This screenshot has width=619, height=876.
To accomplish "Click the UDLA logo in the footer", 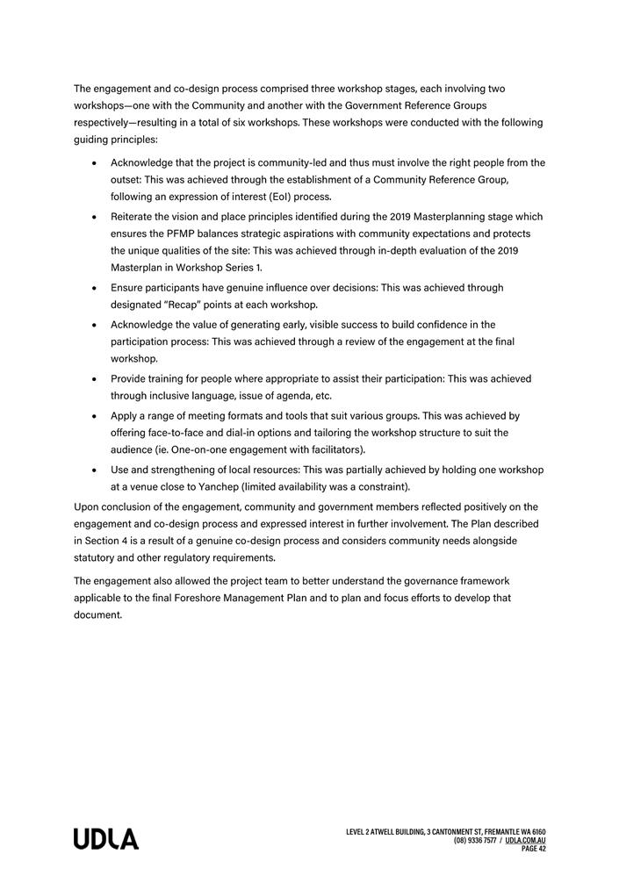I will (x=106, y=838).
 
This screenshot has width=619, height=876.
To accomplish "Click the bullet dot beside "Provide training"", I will (x=94, y=379).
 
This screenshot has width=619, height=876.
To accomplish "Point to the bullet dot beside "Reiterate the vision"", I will (x=94, y=217).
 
